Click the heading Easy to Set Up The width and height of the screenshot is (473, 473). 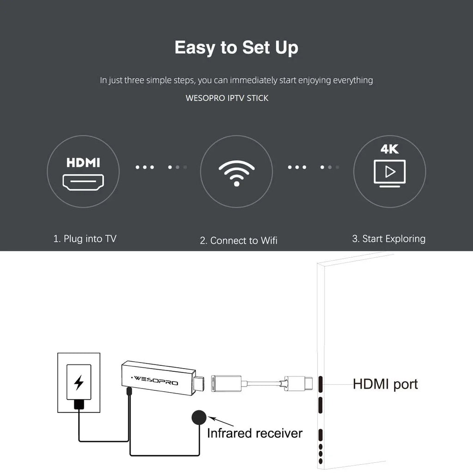(x=236, y=48)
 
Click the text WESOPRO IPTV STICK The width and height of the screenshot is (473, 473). (x=227, y=98)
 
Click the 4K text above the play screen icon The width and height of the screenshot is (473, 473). (x=389, y=149)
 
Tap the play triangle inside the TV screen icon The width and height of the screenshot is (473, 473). (x=390, y=171)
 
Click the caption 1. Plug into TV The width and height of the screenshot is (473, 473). (x=85, y=239)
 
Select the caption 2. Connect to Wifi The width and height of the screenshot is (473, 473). (x=238, y=240)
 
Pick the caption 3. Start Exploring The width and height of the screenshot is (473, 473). (x=388, y=239)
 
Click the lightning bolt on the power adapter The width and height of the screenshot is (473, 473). (x=79, y=382)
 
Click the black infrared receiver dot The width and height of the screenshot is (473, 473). (x=200, y=418)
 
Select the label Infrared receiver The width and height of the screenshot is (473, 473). (x=255, y=433)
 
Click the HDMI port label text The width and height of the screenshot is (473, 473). (x=385, y=384)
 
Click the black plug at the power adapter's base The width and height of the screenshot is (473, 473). (x=79, y=405)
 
